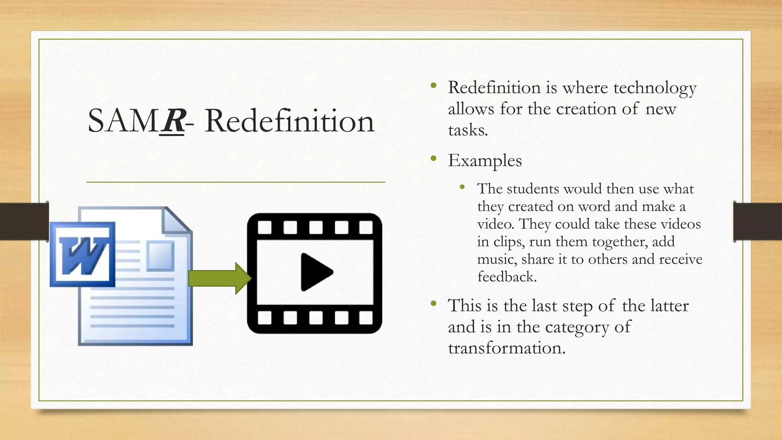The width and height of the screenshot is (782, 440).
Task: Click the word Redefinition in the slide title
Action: pos(289,121)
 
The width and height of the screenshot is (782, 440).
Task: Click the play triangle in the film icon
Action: pos(316,272)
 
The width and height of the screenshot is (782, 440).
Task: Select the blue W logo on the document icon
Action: pos(82,254)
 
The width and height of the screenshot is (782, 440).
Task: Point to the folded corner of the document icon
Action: pos(177,220)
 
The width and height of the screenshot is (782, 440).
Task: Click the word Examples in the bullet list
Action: pos(485,160)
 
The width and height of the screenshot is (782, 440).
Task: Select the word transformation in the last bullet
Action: pos(506,348)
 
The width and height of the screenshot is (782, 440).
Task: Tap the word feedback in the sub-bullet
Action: pos(507,277)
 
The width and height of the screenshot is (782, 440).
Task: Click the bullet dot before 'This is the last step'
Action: pos(433,304)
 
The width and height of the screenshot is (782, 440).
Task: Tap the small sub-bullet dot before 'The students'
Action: pos(462,187)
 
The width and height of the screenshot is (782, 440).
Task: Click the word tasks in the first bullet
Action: pos(468,131)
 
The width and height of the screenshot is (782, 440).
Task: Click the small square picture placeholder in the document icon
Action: pos(160,255)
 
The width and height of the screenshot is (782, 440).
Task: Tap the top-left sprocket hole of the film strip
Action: pos(265,227)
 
